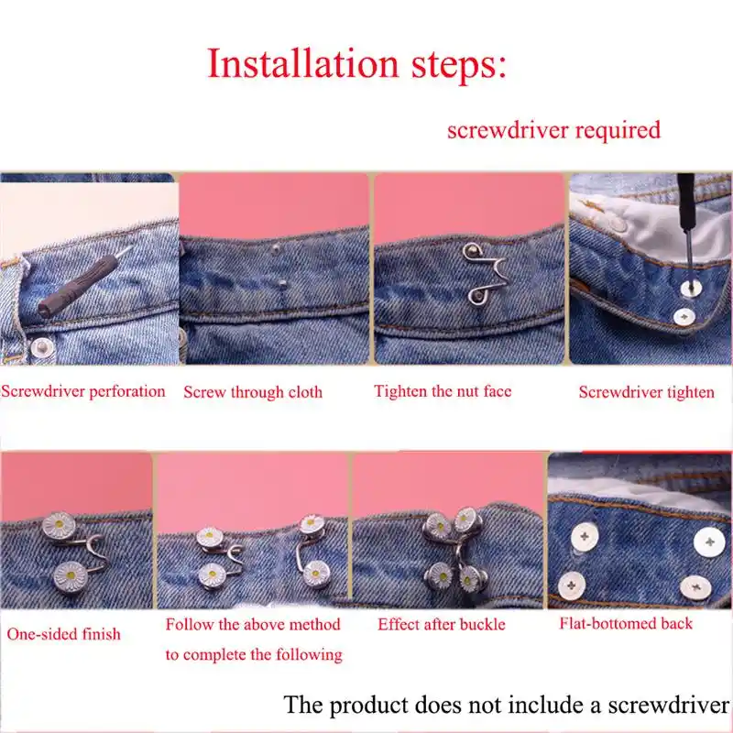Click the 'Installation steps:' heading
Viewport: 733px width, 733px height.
tap(357, 64)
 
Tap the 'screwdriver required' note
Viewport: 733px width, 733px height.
tap(553, 130)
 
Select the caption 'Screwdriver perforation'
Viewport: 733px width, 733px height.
tap(82, 391)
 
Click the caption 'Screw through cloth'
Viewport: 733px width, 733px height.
tap(253, 392)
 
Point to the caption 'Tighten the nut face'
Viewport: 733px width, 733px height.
tap(443, 391)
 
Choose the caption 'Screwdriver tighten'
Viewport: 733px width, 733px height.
tap(647, 392)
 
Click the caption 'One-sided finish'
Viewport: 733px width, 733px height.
tap(63, 634)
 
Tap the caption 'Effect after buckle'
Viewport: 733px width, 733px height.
tap(442, 624)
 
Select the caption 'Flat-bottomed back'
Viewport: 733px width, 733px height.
tap(626, 623)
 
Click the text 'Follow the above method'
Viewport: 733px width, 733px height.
tap(253, 625)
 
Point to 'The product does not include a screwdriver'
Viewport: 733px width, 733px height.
tap(508, 705)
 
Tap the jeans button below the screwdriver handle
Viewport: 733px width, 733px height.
tap(42, 347)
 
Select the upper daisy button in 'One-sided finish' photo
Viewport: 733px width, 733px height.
tap(59, 526)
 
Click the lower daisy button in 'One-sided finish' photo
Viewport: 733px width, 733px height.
tap(71, 576)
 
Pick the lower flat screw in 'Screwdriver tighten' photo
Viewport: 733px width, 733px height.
tap(684, 317)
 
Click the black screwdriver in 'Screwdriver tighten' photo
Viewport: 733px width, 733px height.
tap(686, 224)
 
